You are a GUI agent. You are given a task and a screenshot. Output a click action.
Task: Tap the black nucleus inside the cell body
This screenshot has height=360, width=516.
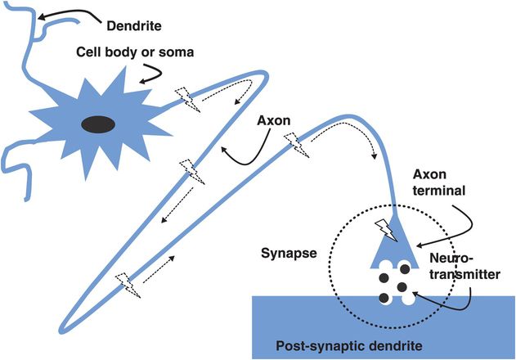coord(99,124)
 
